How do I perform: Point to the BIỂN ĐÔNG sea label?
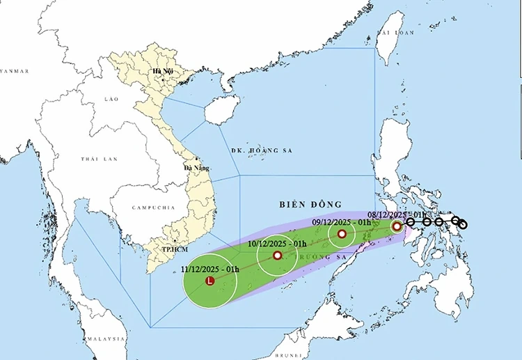310,204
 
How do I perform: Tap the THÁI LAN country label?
98,159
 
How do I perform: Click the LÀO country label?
111,100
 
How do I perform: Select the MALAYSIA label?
105,338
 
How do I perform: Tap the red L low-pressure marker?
210,281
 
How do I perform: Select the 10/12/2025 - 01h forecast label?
278,244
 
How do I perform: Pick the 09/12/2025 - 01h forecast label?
341,222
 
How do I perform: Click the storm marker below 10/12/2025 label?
278,256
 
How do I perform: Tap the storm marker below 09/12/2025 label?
342,234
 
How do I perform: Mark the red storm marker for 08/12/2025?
396,226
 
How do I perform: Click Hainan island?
222,109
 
